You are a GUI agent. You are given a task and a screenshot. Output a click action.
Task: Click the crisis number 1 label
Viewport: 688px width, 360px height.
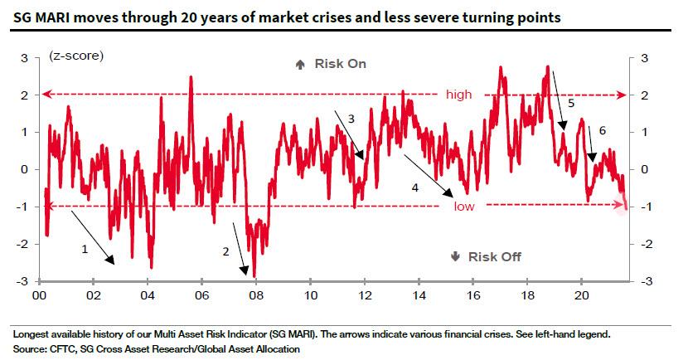83,248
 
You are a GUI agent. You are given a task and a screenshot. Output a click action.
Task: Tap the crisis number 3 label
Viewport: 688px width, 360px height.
351,119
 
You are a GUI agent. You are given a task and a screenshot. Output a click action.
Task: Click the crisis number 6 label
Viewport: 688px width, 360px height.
602,131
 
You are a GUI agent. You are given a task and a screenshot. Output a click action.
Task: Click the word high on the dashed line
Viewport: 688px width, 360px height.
458,95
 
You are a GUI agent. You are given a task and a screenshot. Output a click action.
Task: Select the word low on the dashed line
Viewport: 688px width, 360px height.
463,207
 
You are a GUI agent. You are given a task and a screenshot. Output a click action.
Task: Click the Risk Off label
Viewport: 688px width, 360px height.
494,256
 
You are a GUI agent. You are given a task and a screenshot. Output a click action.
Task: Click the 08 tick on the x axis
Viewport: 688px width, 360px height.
256,295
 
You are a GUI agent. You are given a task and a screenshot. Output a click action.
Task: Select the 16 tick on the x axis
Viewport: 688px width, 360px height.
472,295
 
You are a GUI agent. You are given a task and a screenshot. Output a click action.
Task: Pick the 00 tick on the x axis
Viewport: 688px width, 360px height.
39,295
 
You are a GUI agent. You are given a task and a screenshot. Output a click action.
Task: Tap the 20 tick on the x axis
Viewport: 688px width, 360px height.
581,295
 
